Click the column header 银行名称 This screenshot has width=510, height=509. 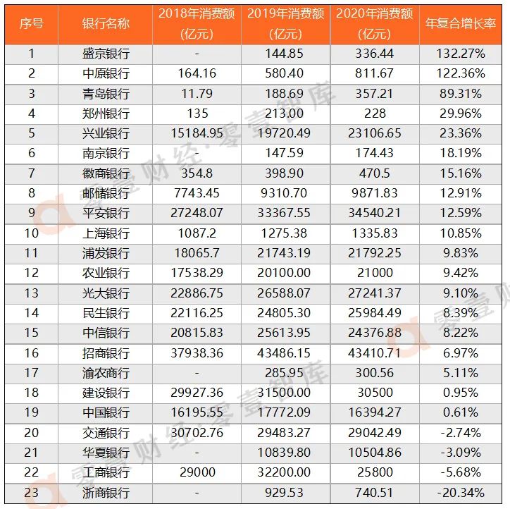pos(106,23)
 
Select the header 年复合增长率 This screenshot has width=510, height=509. pos(463,23)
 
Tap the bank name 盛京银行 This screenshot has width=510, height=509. pos(106,54)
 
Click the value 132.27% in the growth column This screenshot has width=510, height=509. pos(463,54)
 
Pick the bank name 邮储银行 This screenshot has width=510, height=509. pos(106,193)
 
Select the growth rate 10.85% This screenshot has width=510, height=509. pos(463,233)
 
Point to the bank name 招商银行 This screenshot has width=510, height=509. pos(106,352)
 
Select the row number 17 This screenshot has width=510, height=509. pos(31,373)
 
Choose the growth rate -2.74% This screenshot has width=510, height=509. pos(463,433)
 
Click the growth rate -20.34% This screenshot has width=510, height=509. pos(463,493)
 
